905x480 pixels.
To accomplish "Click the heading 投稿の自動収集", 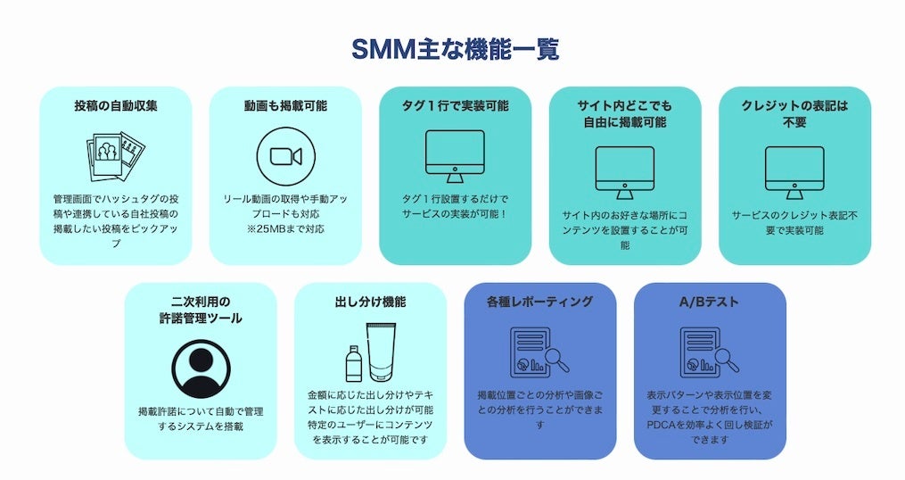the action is click(116, 105).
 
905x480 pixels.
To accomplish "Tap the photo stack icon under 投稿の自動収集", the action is click(116, 158).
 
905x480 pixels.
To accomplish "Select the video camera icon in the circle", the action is click(285, 156).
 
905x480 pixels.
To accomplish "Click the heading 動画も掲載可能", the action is click(285, 105).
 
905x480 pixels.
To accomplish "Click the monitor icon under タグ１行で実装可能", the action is click(455, 155).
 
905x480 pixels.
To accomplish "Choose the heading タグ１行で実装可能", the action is click(455, 105).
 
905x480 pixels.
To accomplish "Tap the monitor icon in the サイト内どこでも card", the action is click(624, 171).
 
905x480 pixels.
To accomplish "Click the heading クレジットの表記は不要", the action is click(794, 113).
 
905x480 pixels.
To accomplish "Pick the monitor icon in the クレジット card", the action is click(794, 171).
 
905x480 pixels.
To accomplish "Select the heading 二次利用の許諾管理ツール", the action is click(201, 310).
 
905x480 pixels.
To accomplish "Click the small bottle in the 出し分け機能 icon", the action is click(354, 364).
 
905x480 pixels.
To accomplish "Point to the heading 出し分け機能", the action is click(370, 302).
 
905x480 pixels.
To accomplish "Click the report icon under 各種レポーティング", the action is click(538, 351).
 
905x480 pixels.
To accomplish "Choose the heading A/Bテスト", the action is click(710, 302).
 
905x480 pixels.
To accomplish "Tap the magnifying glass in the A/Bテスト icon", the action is click(728, 358).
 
